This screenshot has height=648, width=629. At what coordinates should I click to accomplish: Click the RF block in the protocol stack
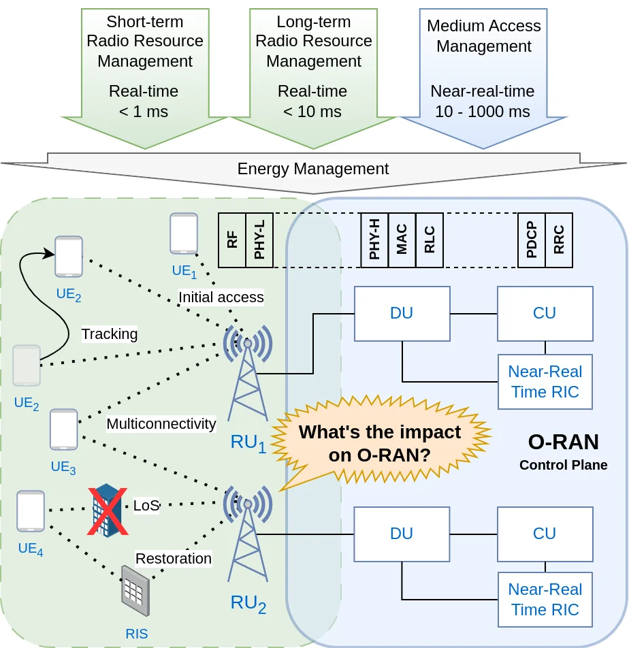tap(232, 240)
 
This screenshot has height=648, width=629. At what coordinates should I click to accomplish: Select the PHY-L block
tap(259, 240)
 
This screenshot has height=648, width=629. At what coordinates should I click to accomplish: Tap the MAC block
tap(402, 240)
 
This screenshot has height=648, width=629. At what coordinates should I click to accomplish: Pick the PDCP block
tap(532, 240)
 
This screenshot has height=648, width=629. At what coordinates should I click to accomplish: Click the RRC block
tap(559, 240)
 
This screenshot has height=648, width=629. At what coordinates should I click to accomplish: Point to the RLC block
tap(429, 240)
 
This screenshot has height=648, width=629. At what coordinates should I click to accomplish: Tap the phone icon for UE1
tap(184, 233)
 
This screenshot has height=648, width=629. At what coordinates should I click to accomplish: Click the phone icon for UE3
tap(64, 430)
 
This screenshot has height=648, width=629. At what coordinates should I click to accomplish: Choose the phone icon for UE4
tap(31, 511)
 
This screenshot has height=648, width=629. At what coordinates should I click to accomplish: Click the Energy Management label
tap(313, 169)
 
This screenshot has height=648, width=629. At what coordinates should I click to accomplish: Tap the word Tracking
tap(110, 334)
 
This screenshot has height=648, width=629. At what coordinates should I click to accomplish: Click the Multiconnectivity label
tap(161, 423)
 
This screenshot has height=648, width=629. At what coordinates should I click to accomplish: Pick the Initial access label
tap(221, 297)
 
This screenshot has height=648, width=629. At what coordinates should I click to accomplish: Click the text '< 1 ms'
tap(144, 112)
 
